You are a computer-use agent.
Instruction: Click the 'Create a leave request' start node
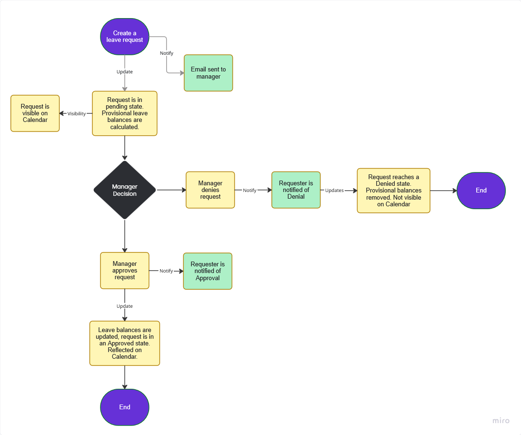[x=125, y=37]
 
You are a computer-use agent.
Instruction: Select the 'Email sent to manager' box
[x=209, y=73]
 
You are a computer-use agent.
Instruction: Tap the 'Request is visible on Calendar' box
[x=35, y=113]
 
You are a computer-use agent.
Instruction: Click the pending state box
[x=125, y=113]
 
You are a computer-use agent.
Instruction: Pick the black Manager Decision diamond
[x=125, y=190]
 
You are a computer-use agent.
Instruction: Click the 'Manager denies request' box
[x=210, y=190]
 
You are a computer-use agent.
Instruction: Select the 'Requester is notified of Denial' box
[x=296, y=190]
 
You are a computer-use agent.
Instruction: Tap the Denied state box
[x=393, y=190]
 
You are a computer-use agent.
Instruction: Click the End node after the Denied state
[x=481, y=190]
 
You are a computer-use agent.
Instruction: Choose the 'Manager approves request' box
[x=125, y=270]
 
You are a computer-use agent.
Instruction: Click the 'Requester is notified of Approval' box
[x=208, y=271]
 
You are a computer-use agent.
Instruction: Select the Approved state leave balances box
[x=125, y=343]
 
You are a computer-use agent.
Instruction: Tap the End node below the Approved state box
[x=125, y=407]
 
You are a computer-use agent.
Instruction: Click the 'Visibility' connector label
[x=77, y=113]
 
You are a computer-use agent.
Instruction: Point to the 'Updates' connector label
[x=334, y=190]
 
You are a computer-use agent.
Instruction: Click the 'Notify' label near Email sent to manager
[x=167, y=53]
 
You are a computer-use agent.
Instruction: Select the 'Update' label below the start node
[x=125, y=71]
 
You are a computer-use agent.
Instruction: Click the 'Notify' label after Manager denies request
[x=250, y=190]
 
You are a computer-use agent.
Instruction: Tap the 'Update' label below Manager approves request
[x=125, y=306]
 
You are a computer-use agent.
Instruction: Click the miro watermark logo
[x=501, y=421]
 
